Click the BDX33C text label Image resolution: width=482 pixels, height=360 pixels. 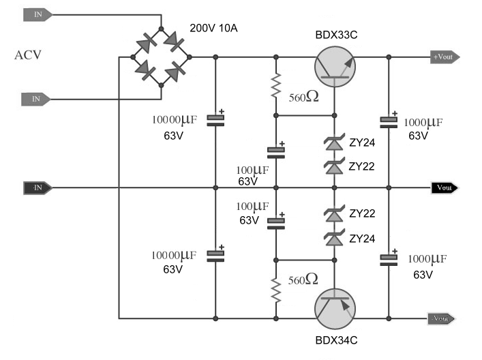(x=336, y=35)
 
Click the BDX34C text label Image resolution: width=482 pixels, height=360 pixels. (x=336, y=340)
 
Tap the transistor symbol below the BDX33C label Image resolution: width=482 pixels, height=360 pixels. (x=335, y=67)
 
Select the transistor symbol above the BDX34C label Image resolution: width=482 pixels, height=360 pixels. (x=335, y=309)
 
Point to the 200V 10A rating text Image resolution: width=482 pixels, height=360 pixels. (x=213, y=28)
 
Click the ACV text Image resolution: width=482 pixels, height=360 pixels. (x=28, y=55)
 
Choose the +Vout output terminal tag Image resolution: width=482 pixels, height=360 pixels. (x=445, y=57)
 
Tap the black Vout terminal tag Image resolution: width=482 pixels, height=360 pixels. (x=445, y=187)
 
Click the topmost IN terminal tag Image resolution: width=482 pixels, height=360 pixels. (x=37, y=14)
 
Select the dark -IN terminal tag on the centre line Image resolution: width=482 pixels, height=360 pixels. (x=37, y=187)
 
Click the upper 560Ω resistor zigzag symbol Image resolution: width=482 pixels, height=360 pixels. (x=276, y=85)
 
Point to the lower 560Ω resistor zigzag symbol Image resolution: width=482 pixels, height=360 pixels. (x=276, y=290)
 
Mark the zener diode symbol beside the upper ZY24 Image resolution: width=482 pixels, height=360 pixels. (x=334, y=142)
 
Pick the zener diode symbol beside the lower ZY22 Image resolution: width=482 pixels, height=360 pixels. (x=334, y=213)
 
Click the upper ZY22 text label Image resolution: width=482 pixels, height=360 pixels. (x=361, y=166)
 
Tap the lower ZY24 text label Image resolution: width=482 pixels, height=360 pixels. (x=362, y=239)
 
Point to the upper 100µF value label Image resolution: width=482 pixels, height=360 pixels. (x=252, y=170)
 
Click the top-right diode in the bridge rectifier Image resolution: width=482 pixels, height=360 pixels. (x=175, y=41)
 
